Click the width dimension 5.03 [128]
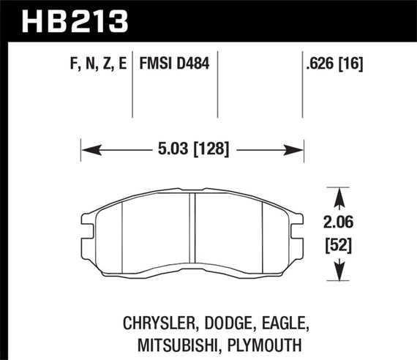(192, 149)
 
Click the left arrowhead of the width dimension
(86, 149)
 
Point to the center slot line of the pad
(191, 234)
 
